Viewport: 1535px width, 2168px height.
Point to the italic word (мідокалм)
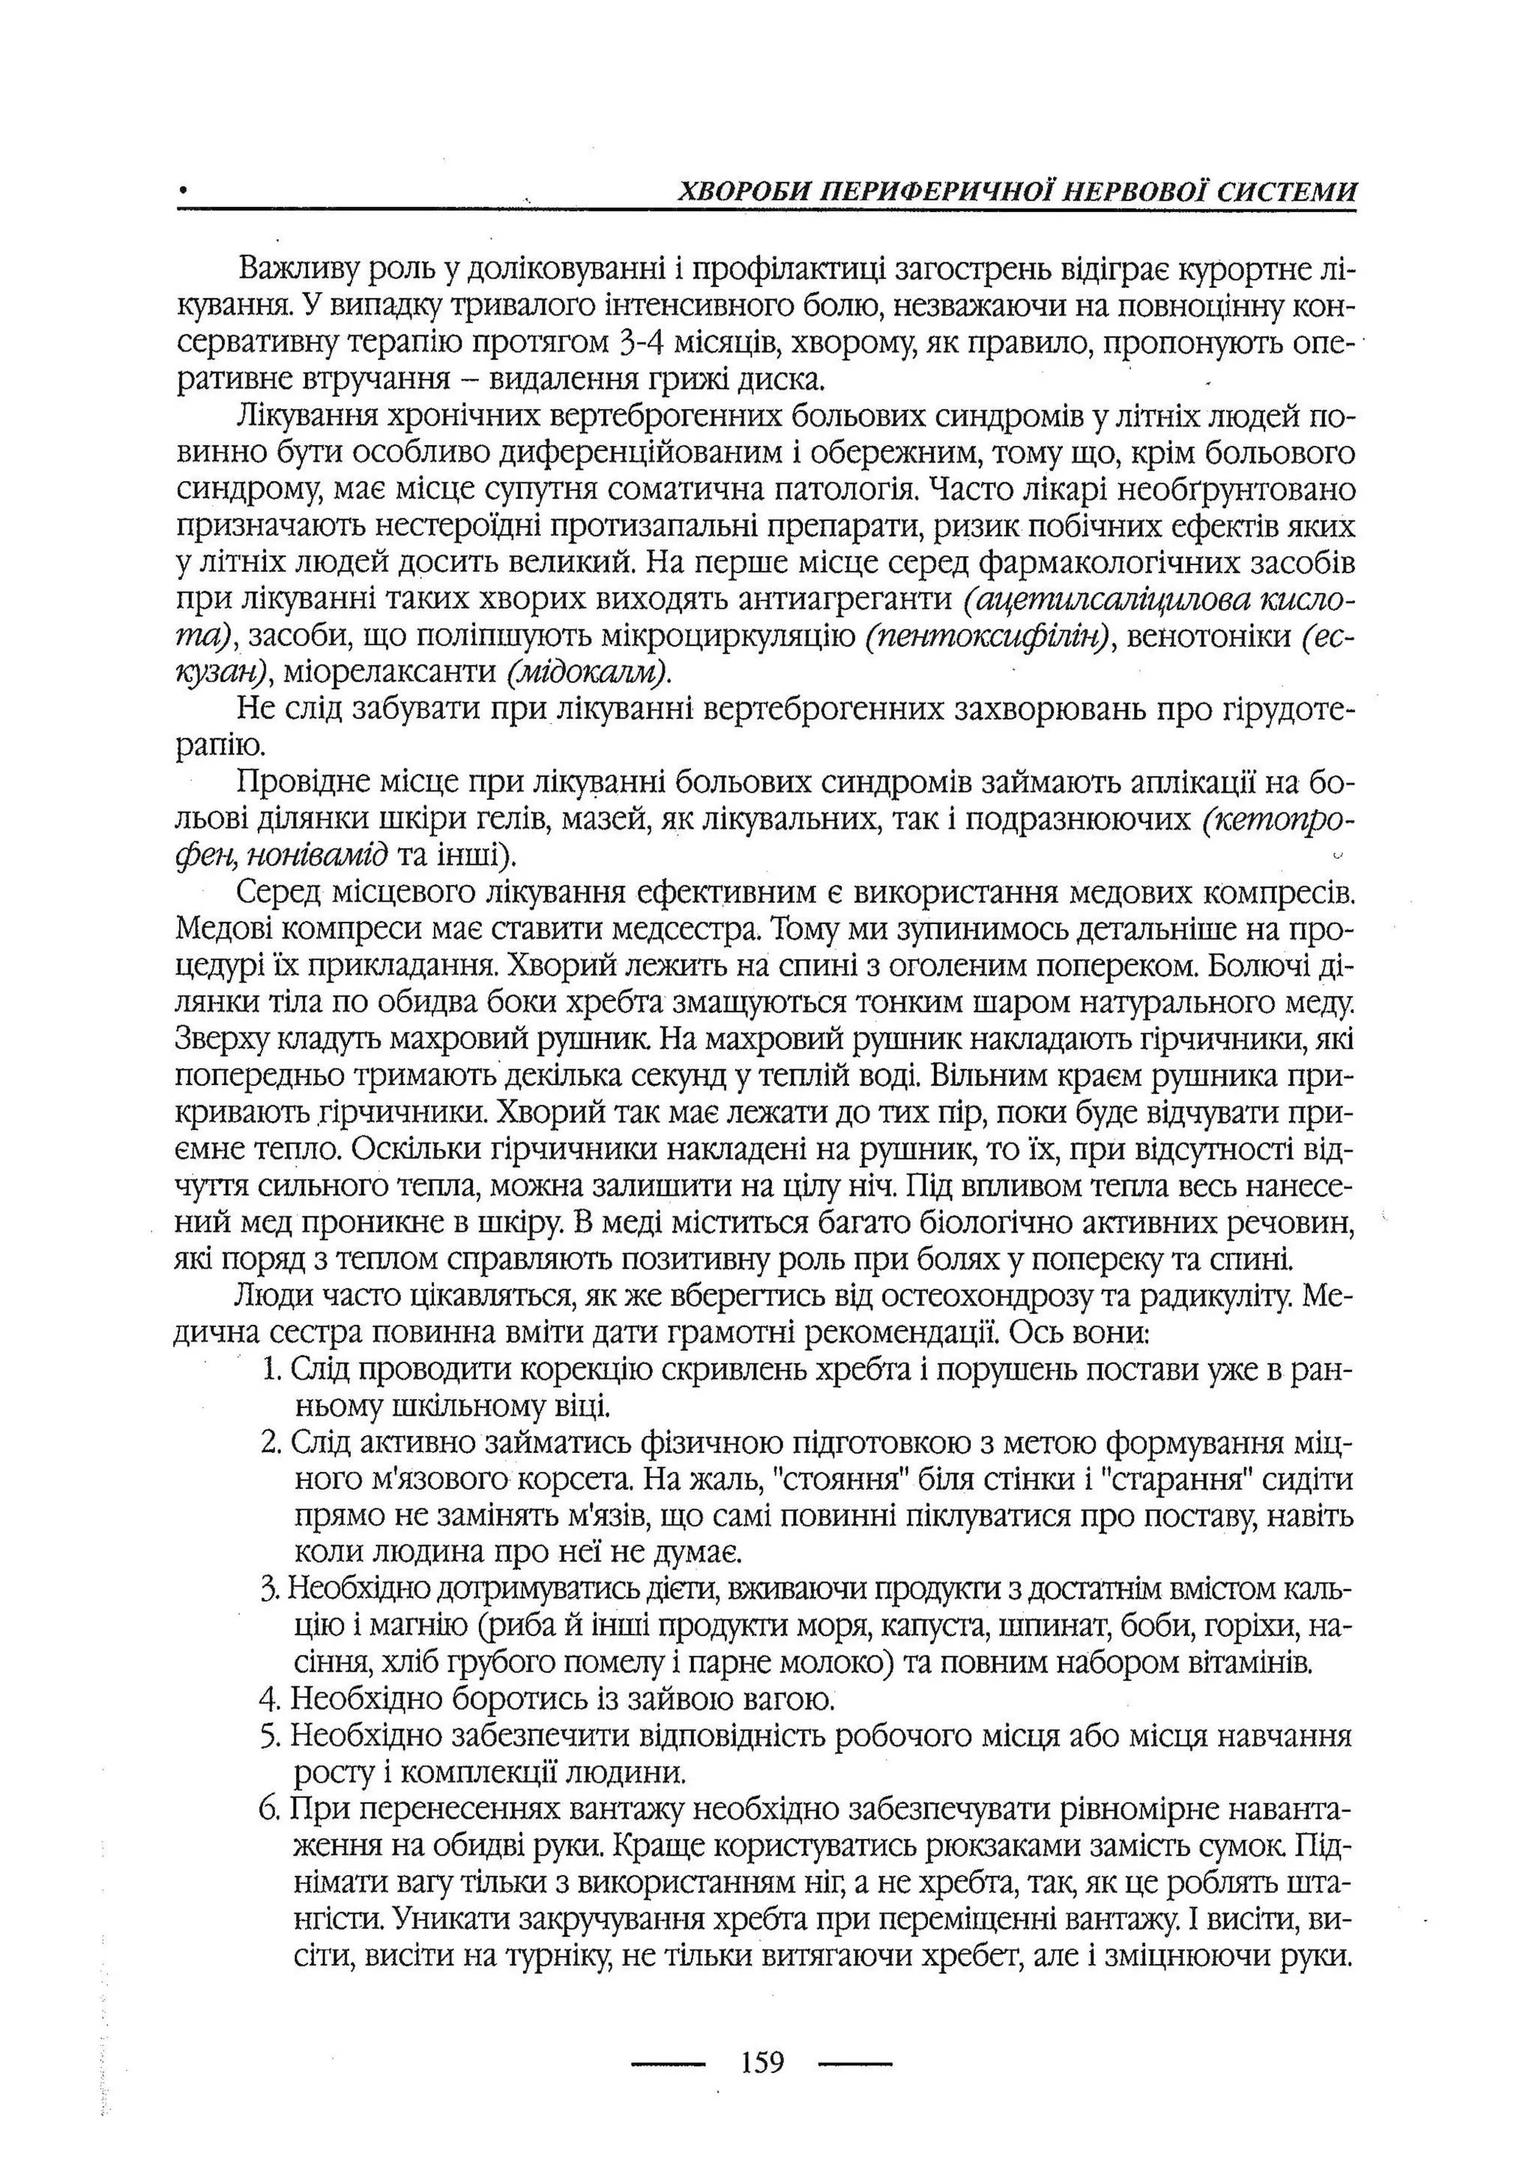(588, 672)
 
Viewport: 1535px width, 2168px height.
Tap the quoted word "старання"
(1158, 1479)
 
